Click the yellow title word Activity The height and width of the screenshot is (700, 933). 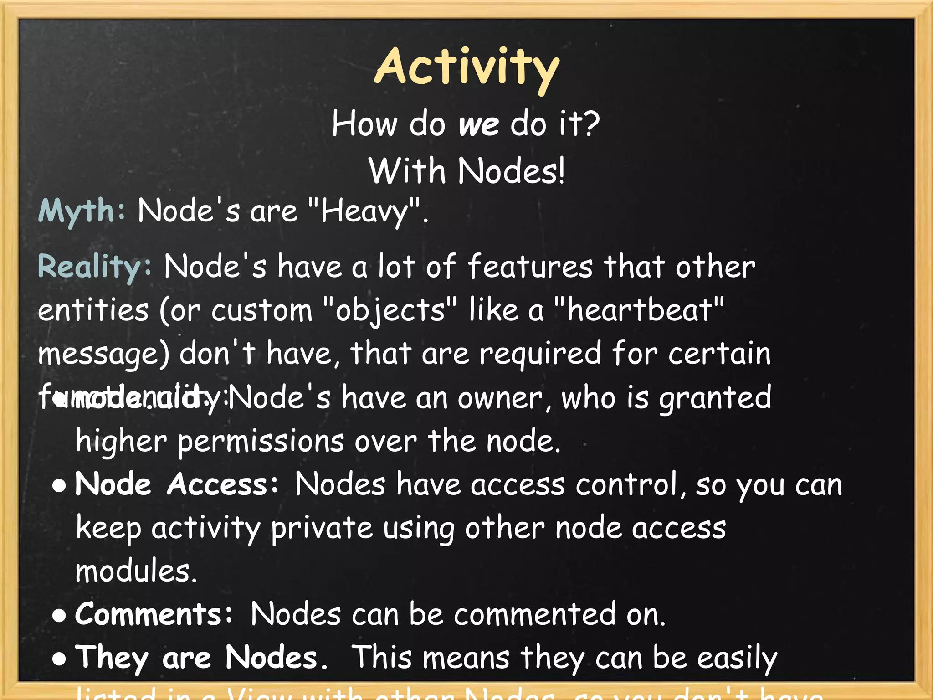click(x=467, y=68)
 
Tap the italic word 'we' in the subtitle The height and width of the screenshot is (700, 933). click(x=479, y=124)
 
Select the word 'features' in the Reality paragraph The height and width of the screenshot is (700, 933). click(x=530, y=267)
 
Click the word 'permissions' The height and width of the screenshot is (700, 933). click(x=261, y=442)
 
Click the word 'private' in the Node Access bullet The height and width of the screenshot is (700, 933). click(x=322, y=528)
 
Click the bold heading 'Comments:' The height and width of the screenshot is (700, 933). click(x=154, y=614)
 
